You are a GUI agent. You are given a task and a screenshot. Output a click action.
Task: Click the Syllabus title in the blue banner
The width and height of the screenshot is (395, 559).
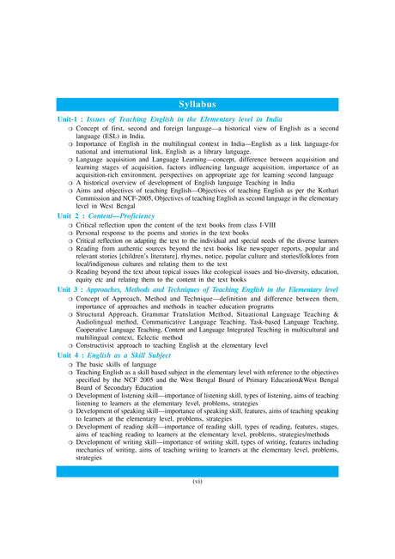(197, 103)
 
